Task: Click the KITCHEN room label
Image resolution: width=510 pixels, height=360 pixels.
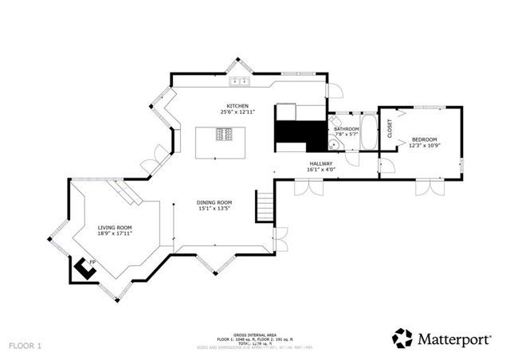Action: (237, 106)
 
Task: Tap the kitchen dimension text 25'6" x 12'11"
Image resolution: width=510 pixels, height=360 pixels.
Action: (237, 112)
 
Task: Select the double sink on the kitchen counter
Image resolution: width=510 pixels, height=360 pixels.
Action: (239, 82)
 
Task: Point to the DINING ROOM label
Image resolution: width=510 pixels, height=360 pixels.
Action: (214, 203)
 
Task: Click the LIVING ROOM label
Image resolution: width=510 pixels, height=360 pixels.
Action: (115, 228)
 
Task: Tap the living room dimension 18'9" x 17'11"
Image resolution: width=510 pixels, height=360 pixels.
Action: (115, 234)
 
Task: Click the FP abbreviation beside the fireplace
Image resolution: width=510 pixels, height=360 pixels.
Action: (92, 262)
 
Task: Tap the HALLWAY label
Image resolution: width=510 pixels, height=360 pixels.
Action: (321, 163)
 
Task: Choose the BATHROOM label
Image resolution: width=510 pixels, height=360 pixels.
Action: (346, 129)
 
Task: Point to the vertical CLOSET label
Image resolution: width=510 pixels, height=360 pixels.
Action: (390, 128)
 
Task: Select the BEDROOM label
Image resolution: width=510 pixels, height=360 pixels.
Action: (424, 139)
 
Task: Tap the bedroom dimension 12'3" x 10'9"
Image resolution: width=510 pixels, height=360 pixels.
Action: (424, 146)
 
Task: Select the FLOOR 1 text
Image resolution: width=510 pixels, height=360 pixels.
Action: (25, 346)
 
